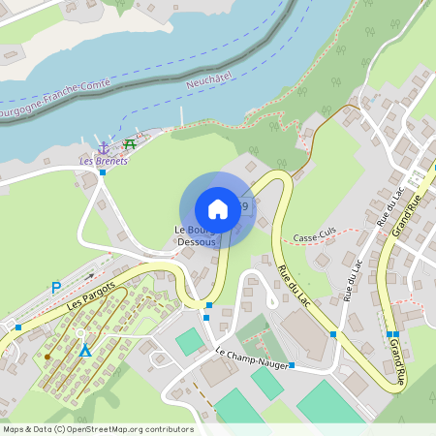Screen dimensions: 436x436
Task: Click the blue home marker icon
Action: (218, 209)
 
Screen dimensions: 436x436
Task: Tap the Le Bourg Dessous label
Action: (194, 235)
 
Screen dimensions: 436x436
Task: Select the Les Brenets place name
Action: (104, 161)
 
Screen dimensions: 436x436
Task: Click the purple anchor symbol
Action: (108, 144)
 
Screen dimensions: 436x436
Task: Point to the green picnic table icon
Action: (130, 144)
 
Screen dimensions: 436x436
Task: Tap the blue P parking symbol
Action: (55, 288)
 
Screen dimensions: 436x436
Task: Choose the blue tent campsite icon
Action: (85, 349)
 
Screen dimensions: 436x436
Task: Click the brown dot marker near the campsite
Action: (47, 357)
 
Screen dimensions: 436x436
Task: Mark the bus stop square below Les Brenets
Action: (102, 173)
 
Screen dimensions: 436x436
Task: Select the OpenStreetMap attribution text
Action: (97, 429)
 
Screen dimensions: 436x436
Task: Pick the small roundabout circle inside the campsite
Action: (80, 333)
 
